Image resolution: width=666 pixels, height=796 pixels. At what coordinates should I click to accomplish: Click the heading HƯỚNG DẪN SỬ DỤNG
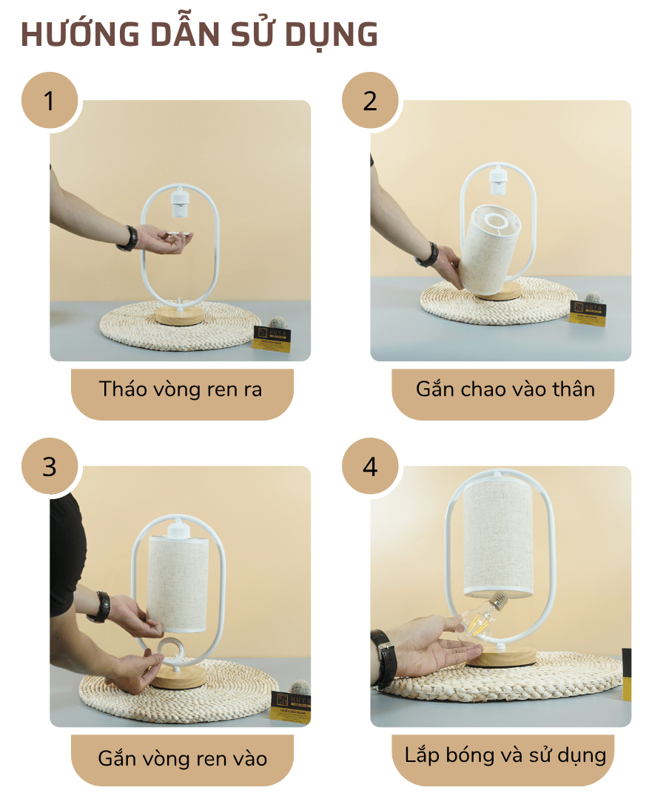pyautogui.click(x=200, y=35)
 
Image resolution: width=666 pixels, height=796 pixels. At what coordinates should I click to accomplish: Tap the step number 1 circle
pyautogui.click(x=50, y=101)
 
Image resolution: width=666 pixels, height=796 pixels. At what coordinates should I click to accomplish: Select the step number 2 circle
pyautogui.click(x=370, y=101)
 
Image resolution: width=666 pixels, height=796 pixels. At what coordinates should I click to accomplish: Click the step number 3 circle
pyautogui.click(x=50, y=466)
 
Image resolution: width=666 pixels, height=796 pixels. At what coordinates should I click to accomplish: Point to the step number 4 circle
pyautogui.click(x=370, y=466)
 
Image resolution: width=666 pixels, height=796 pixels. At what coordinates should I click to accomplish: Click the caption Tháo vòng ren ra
pyautogui.click(x=181, y=389)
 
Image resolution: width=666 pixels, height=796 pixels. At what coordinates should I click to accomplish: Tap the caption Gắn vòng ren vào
pyautogui.click(x=182, y=758)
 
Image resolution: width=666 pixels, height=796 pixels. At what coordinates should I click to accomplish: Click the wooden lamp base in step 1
pyautogui.click(x=179, y=317)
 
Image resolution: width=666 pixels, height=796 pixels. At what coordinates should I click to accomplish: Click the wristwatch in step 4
pyautogui.click(x=383, y=656)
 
